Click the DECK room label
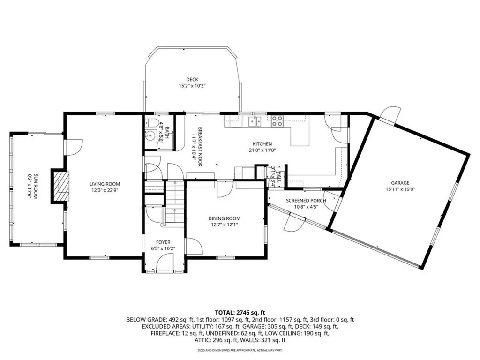coord(192,79)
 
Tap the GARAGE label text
coord(400,183)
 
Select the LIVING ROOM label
coord(105,184)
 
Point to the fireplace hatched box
coord(60,185)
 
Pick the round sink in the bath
coord(150,137)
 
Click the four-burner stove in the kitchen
coord(276,121)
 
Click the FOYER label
coord(163,242)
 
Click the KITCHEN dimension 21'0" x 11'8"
coord(262,150)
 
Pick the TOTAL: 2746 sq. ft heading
coord(240,312)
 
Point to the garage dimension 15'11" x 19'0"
coord(400,190)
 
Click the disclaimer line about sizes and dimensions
coord(240,350)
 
